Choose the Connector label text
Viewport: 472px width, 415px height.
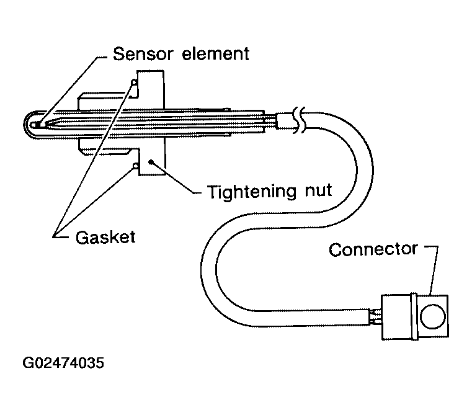tap(373, 249)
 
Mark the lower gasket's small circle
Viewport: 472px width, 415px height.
tap(135, 166)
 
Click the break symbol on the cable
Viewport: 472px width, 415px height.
tap(300, 121)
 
